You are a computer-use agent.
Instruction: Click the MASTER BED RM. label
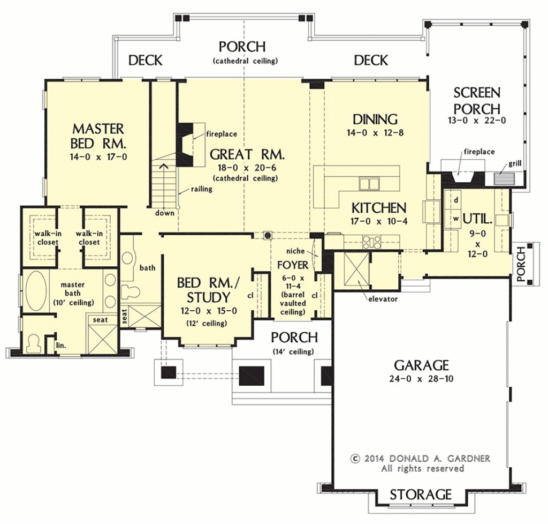98,136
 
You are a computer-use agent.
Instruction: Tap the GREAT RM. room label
247,155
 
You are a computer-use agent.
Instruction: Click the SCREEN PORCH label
476,100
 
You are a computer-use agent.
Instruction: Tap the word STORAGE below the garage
420,493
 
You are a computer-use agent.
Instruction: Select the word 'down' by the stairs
165,213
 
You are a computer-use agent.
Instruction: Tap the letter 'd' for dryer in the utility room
455,200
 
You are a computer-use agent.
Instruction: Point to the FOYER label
292,265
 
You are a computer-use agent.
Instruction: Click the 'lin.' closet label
61,346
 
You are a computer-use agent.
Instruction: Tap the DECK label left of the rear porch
145,61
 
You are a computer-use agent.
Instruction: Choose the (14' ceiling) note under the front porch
293,351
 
